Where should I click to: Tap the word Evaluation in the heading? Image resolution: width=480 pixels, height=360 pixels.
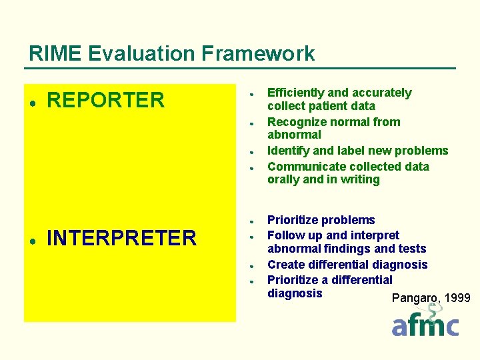tap(141, 53)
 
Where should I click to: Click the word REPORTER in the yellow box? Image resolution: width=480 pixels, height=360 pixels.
tap(105, 101)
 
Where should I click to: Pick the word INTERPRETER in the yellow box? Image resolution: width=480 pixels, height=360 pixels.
tap(121, 238)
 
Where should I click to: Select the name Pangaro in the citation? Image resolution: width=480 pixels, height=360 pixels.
tap(415, 298)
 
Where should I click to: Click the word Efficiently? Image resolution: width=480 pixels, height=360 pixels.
tap(296, 93)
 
